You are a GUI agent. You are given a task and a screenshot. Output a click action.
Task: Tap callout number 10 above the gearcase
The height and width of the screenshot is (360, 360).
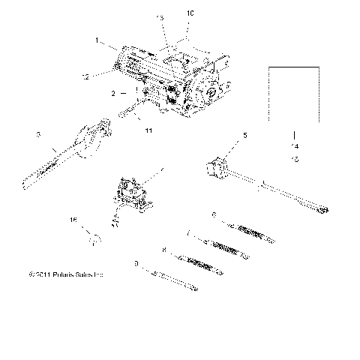click(189, 13)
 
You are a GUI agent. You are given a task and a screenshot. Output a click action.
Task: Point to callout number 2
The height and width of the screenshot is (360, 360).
click(112, 94)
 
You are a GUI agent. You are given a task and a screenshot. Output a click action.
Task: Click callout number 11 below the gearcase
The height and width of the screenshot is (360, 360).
click(148, 130)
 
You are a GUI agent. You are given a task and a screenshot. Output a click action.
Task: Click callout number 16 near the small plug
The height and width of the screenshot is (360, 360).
click(73, 219)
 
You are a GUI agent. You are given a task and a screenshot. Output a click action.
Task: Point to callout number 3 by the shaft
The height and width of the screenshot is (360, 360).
click(37, 134)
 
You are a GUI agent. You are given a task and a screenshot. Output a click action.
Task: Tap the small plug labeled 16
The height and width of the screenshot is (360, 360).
click(93, 239)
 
